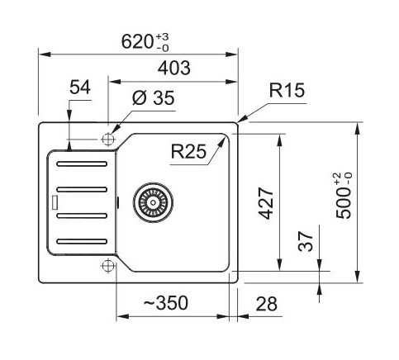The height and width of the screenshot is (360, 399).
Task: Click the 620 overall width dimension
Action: coord(145,42)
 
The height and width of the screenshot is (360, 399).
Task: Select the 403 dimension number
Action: coord(173,68)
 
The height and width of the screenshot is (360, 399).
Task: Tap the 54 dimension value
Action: coord(80,88)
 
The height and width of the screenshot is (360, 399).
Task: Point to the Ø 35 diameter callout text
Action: coord(153,97)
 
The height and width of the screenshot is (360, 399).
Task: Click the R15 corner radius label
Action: coord(287,90)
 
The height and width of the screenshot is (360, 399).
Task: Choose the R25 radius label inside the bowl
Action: coord(188,151)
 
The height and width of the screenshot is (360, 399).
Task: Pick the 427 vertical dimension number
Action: coord(266,203)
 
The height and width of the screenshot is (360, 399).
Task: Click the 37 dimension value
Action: coord(306,241)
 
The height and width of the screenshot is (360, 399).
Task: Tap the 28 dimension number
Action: coord(266,304)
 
